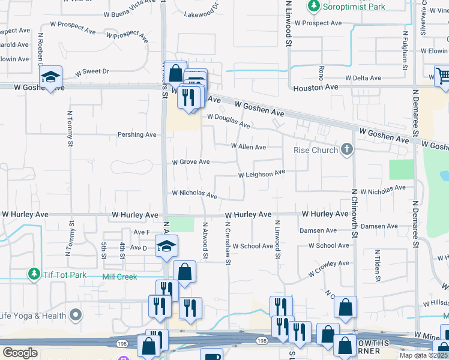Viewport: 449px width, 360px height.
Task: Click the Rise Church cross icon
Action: click(346, 149)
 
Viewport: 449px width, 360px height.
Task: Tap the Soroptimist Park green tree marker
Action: click(313, 7)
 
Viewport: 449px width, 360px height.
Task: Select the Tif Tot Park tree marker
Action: click(34, 275)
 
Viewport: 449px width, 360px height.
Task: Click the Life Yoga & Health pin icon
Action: click(75, 314)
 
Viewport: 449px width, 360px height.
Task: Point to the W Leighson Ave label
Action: click(261, 175)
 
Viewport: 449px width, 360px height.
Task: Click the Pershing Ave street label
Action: click(137, 134)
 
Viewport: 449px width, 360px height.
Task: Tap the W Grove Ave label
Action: click(191, 162)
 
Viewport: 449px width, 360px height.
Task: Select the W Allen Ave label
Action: click(249, 146)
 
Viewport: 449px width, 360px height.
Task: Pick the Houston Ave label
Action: click(316, 88)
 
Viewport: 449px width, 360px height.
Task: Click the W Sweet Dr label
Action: click(92, 71)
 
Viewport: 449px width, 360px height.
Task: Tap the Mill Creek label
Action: click(120, 277)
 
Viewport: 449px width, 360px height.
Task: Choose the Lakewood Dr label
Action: click(202, 13)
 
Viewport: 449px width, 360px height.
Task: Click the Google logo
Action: click(20, 353)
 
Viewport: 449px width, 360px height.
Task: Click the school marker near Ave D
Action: click(167, 246)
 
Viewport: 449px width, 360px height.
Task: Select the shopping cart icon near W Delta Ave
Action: click(442, 76)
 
